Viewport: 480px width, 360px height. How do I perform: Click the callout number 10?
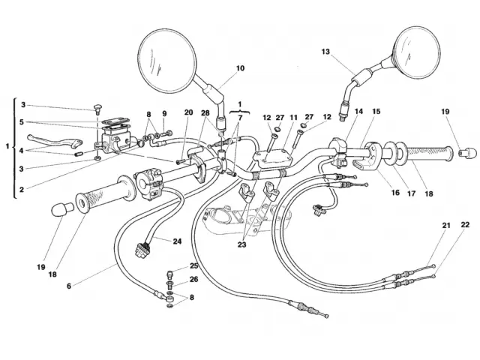(x=240, y=68)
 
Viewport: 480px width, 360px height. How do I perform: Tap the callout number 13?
(x=325, y=52)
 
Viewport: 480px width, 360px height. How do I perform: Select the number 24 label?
(x=177, y=241)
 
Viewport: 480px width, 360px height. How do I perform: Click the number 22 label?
(x=466, y=225)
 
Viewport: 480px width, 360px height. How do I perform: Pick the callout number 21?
(x=446, y=225)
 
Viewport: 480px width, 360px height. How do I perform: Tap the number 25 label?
(x=193, y=266)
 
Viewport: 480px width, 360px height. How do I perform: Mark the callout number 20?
(x=188, y=113)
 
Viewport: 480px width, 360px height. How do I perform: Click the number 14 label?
(x=359, y=112)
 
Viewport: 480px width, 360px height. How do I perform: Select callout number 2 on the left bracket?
(x=23, y=189)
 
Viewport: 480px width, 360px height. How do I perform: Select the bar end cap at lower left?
(x=58, y=209)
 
